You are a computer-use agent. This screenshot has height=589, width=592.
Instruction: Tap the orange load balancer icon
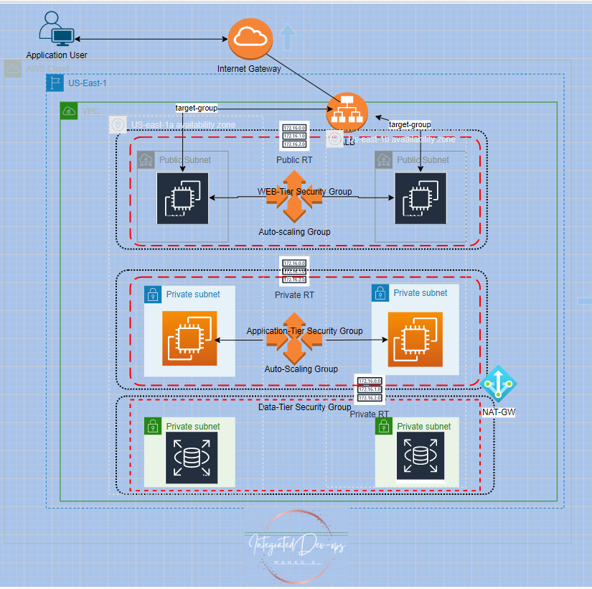click(347, 113)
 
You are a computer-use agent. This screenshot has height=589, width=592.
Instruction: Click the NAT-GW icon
click(498, 385)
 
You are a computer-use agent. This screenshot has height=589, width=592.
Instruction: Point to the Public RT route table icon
click(294, 136)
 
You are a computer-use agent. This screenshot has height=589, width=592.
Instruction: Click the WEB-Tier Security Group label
click(304, 192)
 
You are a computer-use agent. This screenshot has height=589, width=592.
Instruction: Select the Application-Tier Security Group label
click(304, 331)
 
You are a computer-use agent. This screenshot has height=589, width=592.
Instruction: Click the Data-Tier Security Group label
click(304, 407)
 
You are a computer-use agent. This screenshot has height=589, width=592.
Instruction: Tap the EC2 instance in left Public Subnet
click(182, 198)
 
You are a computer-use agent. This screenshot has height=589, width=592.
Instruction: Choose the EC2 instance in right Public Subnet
click(420, 198)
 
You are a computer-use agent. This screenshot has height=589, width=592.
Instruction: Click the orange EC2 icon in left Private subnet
click(189, 339)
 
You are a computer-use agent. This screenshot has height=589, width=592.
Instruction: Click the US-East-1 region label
click(87, 83)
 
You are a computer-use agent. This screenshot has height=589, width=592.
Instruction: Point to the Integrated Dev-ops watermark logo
click(297, 544)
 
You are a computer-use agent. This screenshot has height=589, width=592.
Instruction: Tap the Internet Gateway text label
click(249, 68)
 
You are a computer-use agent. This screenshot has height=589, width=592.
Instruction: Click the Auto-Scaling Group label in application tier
click(301, 368)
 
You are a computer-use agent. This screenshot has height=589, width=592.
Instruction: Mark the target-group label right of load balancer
click(409, 124)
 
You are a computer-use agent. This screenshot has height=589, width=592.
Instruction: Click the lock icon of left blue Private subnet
click(152, 294)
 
